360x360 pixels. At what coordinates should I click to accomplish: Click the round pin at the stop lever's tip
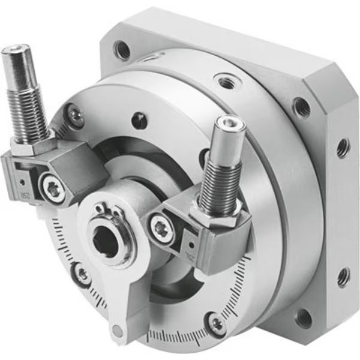[118, 329]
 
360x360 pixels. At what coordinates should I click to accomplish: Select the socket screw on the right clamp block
[161, 229]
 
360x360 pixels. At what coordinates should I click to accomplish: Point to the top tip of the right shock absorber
[229, 124]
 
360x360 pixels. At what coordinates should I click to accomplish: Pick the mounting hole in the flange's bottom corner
[304, 317]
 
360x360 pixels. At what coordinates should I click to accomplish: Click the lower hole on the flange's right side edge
[343, 277]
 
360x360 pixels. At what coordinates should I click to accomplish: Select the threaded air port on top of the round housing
[226, 80]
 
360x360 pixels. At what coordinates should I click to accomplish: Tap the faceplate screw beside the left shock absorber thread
[75, 113]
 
